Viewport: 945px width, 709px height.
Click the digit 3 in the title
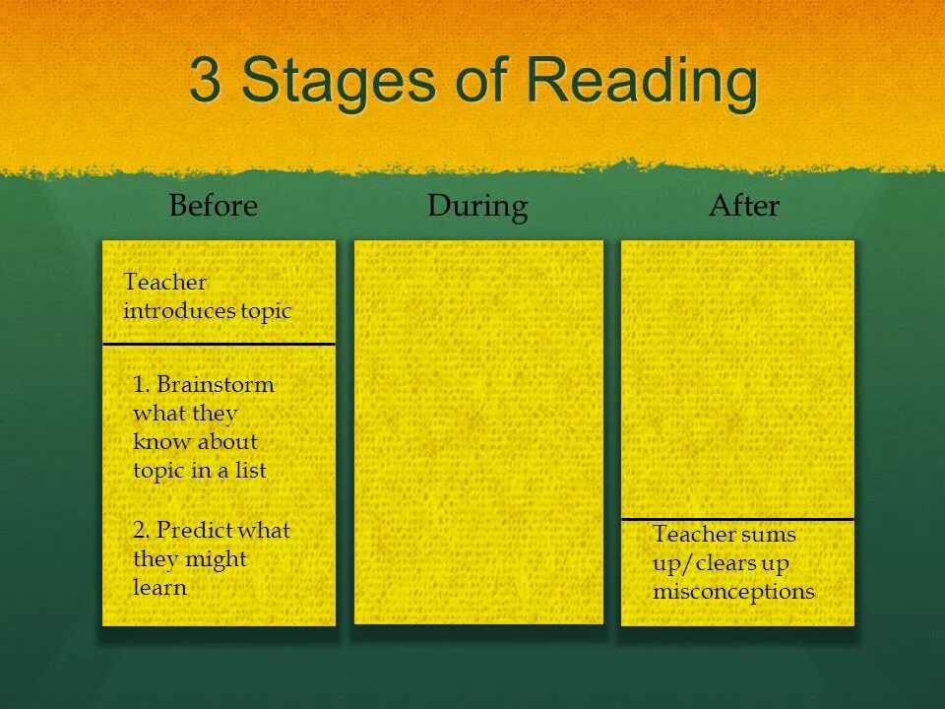pyautogui.click(x=205, y=82)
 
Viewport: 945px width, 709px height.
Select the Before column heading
pyautogui.click(x=213, y=207)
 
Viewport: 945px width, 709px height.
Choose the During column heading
pyautogui.click(x=477, y=207)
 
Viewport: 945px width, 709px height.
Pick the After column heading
pyautogui.click(x=744, y=207)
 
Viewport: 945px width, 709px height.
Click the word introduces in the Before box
pyautogui.click(x=178, y=311)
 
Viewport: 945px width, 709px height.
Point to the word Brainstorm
pyautogui.click(x=216, y=385)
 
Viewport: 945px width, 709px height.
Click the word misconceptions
pyautogui.click(x=733, y=592)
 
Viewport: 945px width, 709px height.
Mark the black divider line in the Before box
pyautogui.click(x=219, y=344)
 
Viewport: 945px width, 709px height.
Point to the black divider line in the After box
pyautogui.click(x=737, y=519)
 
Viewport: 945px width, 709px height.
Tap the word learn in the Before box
pyautogui.click(x=159, y=588)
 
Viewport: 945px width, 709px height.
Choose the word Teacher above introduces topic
pyautogui.click(x=165, y=283)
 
